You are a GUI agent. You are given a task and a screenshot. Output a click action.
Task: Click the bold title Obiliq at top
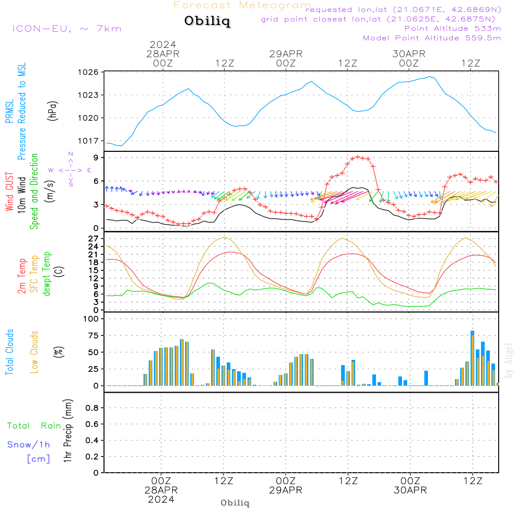click(207, 21)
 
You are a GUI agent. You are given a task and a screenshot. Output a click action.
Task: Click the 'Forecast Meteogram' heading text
click(242, 5)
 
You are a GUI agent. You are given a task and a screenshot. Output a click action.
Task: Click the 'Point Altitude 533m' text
click(452, 29)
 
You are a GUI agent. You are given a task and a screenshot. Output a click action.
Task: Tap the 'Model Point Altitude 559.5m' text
click(432, 38)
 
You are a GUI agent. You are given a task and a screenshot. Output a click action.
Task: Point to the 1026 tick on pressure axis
click(89, 72)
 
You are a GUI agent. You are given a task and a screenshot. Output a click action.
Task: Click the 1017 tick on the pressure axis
click(89, 141)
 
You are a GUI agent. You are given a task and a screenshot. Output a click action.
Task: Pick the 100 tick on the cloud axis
click(91, 319)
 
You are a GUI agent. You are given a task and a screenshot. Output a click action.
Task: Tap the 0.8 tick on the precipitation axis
click(92, 408)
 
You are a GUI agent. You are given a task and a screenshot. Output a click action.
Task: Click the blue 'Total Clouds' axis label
click(9, 352)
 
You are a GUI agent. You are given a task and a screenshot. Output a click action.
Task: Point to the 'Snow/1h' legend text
click(29, 445)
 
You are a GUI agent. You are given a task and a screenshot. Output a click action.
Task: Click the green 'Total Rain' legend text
click(34, 426)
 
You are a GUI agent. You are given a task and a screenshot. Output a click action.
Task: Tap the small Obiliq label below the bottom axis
click(235, 503)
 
